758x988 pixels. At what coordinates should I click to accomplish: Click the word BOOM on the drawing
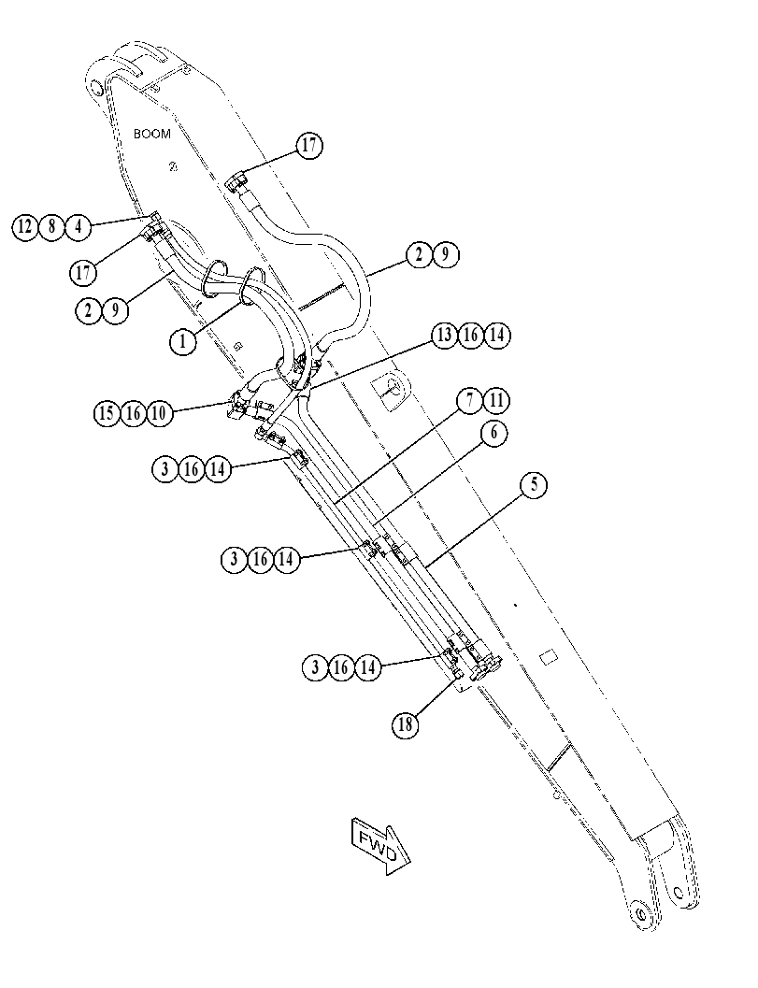[x=151, y=134]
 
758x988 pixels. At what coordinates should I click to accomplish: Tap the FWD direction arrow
[x=380, y=846]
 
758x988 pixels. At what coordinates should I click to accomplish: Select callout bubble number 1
[x=183, y=342]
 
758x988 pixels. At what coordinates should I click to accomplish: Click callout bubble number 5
[x=534, y=484]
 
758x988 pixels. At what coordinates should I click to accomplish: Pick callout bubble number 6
[x=493, y=433]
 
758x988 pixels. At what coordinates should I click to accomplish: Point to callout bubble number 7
[x=470, y=401]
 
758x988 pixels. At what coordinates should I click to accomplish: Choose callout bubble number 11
[x=496, y=401]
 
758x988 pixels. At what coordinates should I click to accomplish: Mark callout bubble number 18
[x=405, y=724]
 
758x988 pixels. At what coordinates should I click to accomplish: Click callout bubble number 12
[x=25, y=226]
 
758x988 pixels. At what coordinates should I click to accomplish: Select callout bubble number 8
[x=51, y=226]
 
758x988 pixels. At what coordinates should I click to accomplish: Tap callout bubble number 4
[x=79, y=226]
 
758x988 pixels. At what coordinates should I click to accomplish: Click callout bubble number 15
[x=107, y=413]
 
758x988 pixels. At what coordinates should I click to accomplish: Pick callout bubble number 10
[x=159, y=413]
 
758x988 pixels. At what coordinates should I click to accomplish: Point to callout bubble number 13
[x=444, y=336]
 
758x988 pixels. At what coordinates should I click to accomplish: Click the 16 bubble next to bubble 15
[x=133, y=413]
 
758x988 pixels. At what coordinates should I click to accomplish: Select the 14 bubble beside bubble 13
[x=497, y=336]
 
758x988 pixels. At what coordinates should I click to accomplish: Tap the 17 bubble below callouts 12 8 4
[x=82, y=274]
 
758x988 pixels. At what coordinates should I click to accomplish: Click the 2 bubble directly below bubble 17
[x=89, y=310]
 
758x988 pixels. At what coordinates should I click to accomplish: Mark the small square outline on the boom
[x=549, y=656]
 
